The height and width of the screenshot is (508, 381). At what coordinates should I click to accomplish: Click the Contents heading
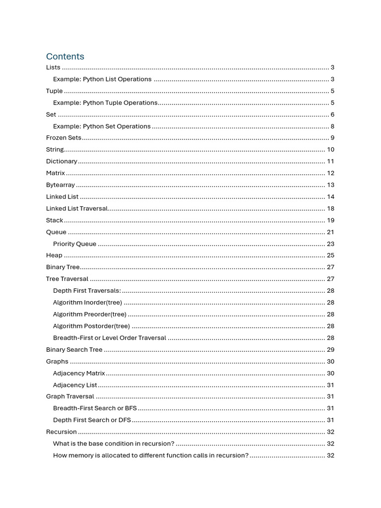click(65, 57)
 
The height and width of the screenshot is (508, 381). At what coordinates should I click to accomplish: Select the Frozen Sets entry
click(63, 138)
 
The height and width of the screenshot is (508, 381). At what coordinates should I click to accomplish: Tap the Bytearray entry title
click(61, 185)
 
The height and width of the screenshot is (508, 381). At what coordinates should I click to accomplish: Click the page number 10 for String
click(330, 150)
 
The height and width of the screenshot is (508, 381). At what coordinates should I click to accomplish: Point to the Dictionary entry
click(62, 161)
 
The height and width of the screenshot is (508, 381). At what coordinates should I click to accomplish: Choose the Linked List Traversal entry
click(77, 208)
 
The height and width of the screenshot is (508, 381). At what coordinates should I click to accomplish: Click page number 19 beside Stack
click(330, 220)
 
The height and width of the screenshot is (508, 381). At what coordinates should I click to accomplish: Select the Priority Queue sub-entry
click(74, 244)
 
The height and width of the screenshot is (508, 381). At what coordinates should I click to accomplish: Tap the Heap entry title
click(54, 255)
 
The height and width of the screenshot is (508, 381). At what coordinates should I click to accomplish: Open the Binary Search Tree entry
click(74, 350)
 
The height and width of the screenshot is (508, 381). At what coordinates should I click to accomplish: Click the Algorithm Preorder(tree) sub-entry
click(90, 315)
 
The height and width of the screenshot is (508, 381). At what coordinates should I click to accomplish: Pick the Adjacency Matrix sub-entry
click(79, 373)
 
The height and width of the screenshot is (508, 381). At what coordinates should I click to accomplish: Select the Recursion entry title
click(62, 432)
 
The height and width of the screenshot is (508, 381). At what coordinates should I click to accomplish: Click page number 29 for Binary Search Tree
click(330, 350)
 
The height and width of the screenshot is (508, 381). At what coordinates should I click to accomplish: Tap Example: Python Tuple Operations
click(105, 103)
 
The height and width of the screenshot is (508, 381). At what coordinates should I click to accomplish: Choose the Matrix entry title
click(56, 173)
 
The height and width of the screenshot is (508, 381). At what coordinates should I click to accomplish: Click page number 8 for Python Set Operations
click(332, 127)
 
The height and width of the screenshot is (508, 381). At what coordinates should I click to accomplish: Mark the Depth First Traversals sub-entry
click(87, 291)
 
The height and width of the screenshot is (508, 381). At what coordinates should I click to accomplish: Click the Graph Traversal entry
click(70, 396)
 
